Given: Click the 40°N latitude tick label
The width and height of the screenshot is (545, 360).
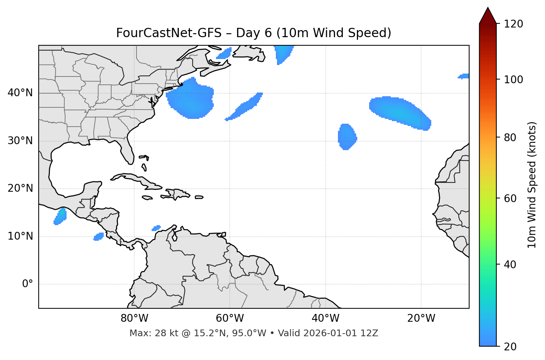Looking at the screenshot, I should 20,93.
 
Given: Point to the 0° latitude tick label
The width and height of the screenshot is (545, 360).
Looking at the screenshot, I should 28,284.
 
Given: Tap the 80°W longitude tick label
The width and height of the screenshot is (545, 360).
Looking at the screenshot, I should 134,318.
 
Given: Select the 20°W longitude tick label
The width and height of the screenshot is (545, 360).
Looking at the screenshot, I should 421,318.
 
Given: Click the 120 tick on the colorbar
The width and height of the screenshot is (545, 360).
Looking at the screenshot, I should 513,24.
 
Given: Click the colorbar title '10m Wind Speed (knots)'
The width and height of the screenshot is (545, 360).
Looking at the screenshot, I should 532,185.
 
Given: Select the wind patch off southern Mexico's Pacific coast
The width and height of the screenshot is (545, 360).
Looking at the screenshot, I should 60,216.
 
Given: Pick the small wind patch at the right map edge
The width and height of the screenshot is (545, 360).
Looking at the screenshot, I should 464,76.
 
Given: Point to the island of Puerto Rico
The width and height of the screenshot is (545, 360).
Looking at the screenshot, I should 199,197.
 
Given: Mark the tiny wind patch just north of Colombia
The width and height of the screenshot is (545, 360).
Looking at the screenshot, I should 157,228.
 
